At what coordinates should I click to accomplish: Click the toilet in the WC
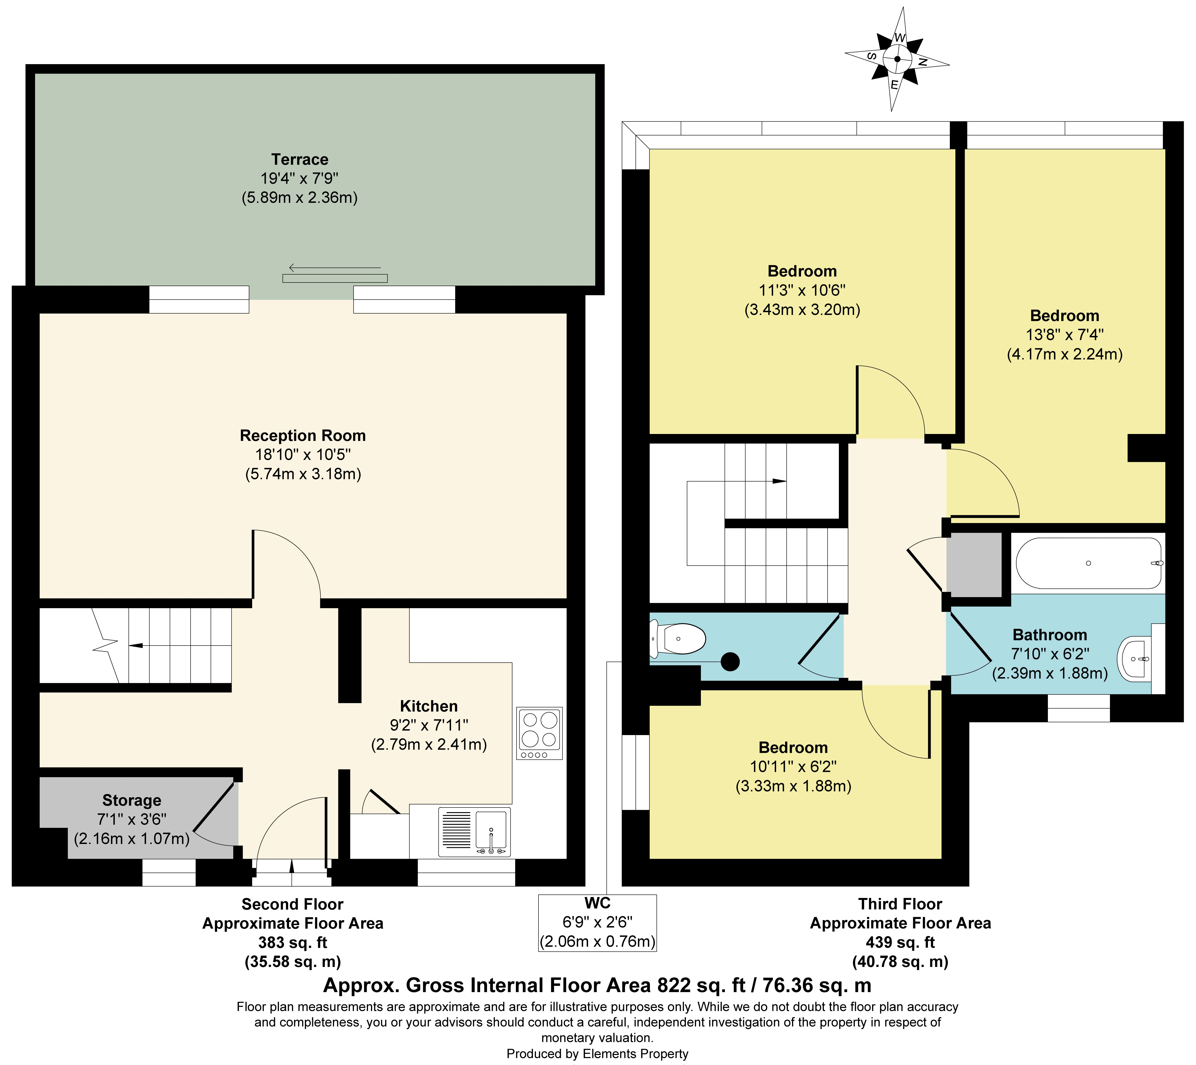click(679, 639)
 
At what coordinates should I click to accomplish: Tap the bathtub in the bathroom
click(1088, 563)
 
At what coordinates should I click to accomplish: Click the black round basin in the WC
click(730, 662)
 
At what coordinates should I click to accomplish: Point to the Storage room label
click(132, 800)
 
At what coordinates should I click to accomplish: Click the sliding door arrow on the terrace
click(335, 268)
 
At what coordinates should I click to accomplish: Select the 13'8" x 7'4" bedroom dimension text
click(1064, 335)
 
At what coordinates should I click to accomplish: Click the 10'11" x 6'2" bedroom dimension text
click(793, 767)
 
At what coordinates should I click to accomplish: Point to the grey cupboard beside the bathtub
click(974, 565)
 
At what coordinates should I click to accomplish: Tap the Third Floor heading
click(900, 904)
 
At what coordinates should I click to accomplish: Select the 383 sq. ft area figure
click(293, 943)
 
